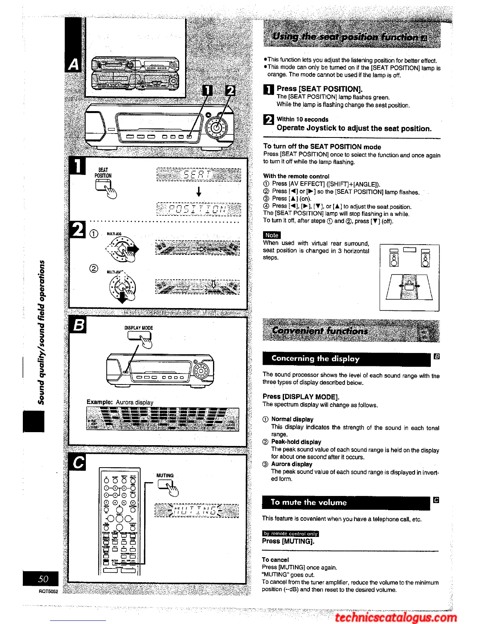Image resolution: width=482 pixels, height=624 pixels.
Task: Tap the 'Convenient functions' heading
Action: tap(320, 331)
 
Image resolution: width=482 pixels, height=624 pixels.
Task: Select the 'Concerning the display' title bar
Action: tap(347, 358)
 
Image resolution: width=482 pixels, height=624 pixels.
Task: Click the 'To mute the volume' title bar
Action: tap(347, 502)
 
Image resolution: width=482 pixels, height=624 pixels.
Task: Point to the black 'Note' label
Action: tap(272, 235)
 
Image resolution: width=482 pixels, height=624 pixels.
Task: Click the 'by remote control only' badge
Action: tap(290, 533)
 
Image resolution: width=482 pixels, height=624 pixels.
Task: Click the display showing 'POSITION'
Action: tap(198, 209)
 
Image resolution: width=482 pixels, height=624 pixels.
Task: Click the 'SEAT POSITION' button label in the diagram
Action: tap(103, 173)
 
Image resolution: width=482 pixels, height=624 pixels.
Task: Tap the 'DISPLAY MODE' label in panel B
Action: tap(139, 328)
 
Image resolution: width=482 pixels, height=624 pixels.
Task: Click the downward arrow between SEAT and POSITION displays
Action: tap(199, 192)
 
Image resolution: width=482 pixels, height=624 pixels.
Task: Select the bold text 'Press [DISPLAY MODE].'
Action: tap(301, 397)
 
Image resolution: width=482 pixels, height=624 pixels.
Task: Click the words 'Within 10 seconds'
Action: tap(302, 119)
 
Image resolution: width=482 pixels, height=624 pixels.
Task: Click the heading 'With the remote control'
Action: tap(296, 176)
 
